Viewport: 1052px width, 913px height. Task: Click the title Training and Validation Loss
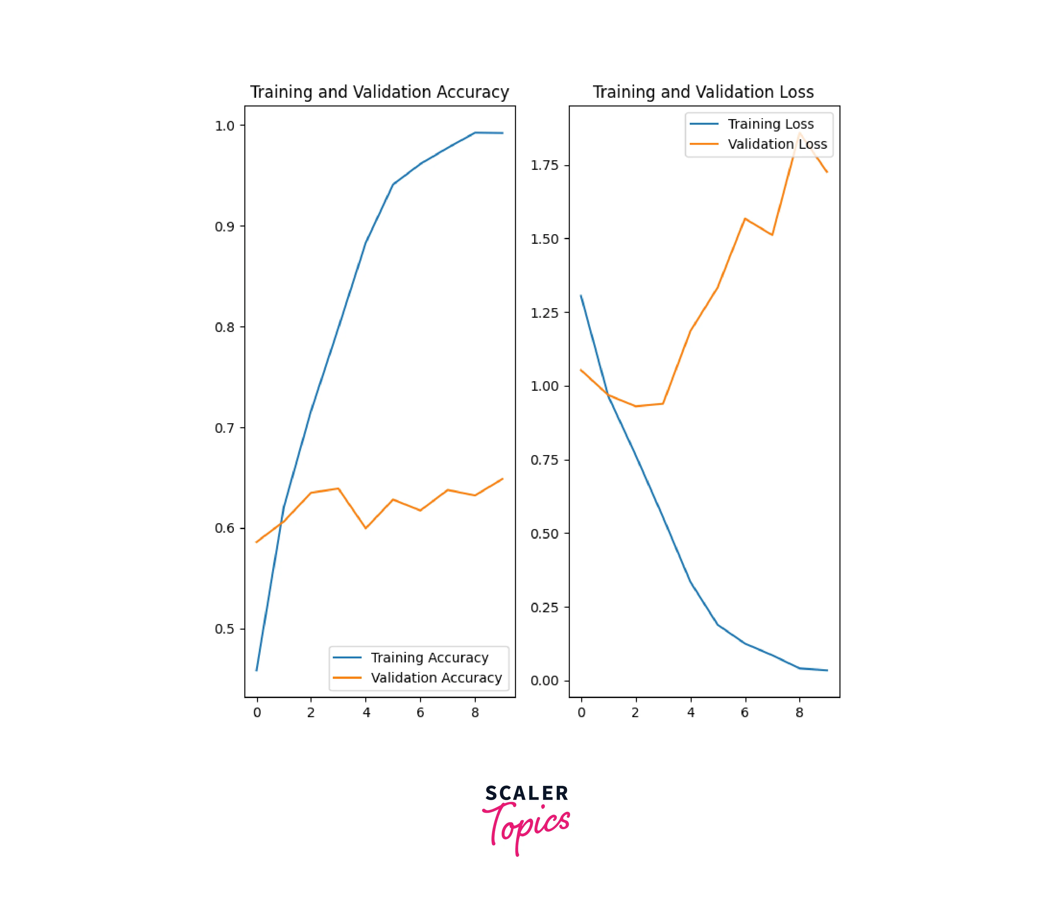(703, 92)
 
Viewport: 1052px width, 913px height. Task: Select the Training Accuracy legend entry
(429, 658)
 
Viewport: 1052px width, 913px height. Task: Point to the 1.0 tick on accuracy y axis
(224, 126)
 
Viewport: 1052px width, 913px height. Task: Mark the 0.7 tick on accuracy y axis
(224, 428)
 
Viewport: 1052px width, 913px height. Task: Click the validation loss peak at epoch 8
(799, 133)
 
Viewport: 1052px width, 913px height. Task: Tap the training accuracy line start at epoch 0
(257, 670)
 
